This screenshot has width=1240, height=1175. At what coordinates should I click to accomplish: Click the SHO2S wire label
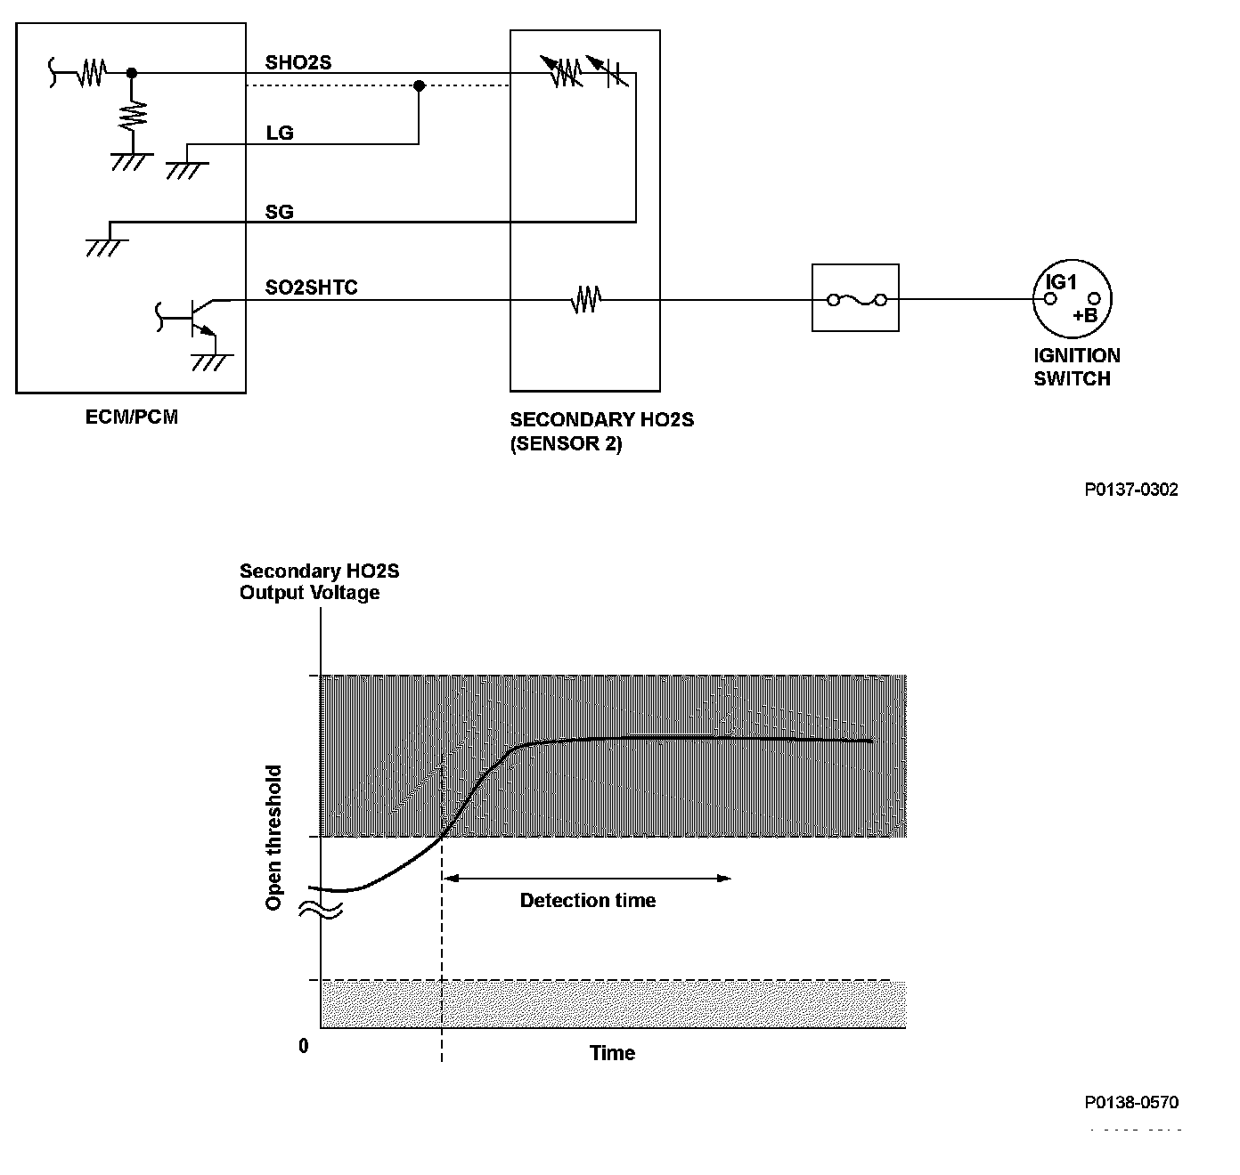click(x=298, y=62)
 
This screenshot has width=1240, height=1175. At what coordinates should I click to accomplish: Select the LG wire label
click(x=280, y=133)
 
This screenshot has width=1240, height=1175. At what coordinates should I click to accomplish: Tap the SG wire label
click(x=280, y=212)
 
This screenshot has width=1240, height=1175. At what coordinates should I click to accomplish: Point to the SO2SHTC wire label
click(x=312, y=288)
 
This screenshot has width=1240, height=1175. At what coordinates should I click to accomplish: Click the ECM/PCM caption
click(x=132, y=417)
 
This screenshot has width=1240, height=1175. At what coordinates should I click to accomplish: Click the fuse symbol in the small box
click(x=856, y=299)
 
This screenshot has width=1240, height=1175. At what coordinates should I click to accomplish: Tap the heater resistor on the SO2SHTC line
click(x=585, y=299)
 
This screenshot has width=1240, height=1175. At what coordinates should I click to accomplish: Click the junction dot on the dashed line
click(x=419, y=85)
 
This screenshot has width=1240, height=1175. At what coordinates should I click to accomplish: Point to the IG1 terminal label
click(x=1062, y=282)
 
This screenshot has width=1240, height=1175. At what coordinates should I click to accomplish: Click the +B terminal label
click(x=1085, y=316)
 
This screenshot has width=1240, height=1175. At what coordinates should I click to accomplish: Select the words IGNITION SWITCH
click(x=1076, y=367)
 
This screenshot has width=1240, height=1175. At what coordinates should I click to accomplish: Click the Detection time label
click(x=588, y=901)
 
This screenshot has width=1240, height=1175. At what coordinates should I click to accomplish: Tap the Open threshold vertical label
click(x=274, y=838)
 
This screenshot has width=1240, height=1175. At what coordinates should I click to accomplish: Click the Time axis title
click(x=612, y=1053)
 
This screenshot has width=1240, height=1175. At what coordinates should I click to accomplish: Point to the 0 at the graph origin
click(x=304, y=1046)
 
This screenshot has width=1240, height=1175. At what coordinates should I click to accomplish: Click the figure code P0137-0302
click(x=1131, y=490)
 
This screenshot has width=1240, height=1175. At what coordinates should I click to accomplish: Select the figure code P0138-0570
click(x=1131, y=1102)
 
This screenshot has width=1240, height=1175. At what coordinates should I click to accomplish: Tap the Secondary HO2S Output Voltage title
click(x=310, y=582)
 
